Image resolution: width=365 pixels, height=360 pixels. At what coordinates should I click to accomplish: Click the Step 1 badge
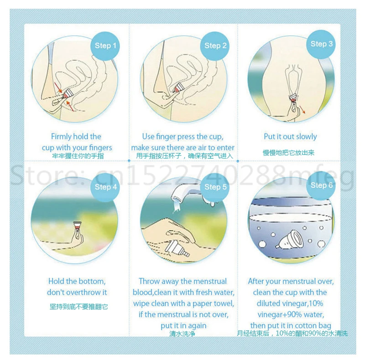(105, 46)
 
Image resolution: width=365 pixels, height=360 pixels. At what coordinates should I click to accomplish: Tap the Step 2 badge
(215, 46)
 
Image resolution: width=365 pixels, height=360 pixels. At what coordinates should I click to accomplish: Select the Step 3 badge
(321, 44)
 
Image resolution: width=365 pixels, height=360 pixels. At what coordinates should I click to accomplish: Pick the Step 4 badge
(105, 187)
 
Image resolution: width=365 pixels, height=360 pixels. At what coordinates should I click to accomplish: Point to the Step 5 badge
(215, 187)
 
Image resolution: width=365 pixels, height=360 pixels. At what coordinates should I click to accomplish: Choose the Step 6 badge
(321, 185)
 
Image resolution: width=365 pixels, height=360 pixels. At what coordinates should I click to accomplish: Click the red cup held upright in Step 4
(77, 225)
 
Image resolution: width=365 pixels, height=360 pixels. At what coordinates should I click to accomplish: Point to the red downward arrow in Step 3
(302, 109)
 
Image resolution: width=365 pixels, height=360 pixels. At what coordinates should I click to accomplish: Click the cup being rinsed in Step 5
(177, 249)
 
